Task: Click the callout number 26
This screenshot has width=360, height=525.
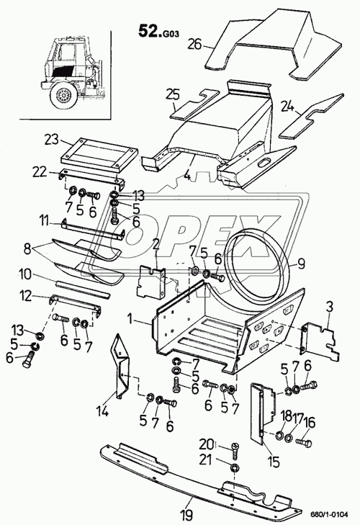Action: [194, 44]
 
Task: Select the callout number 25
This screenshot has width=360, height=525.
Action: [173, 96]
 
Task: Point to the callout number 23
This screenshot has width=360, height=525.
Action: [51, 139]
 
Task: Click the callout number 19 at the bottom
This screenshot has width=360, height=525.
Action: [186, 513]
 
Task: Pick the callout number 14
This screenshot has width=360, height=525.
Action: [103, 411]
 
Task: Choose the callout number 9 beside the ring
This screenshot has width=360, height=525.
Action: [301, 264]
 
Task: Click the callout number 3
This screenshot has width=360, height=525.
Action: [329, 308]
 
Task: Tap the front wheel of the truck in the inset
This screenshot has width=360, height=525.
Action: [63, 96]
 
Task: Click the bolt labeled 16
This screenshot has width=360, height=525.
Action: [303, 444]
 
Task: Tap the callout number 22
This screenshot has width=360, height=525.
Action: [40, 173]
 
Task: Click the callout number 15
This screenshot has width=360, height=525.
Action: [273, 462]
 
